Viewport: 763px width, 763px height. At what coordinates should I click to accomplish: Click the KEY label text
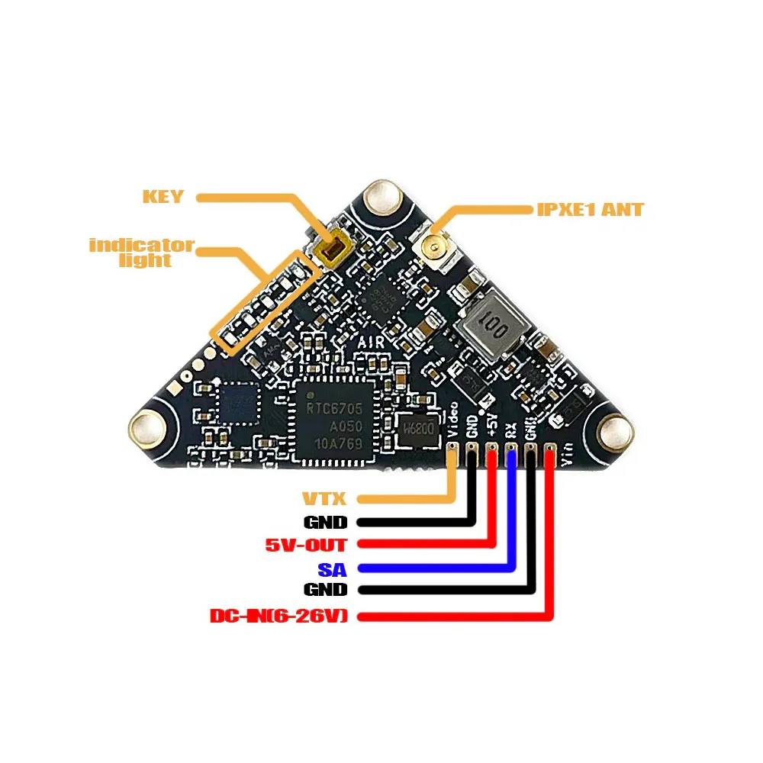(x=163, y=197)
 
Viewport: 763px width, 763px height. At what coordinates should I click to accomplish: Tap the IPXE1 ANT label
(x=589, y=209)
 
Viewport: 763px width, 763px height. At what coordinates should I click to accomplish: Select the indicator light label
(x=142, y=253)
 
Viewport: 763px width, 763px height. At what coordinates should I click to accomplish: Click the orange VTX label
(x=325, y=501)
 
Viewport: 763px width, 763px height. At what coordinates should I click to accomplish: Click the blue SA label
(x=332, y=568)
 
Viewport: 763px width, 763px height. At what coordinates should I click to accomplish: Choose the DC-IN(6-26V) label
(x=278, y=615)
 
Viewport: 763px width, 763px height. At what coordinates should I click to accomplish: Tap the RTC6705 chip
(x=336, y=419)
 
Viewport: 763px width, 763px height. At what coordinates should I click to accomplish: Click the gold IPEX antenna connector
(x=431, y=247)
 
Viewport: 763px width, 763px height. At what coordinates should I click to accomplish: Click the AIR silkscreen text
(x=372, y=344)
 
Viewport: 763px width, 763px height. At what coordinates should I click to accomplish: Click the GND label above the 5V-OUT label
(x=325, y=523)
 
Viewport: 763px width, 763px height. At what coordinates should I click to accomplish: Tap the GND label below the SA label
(x=325, y=591)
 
